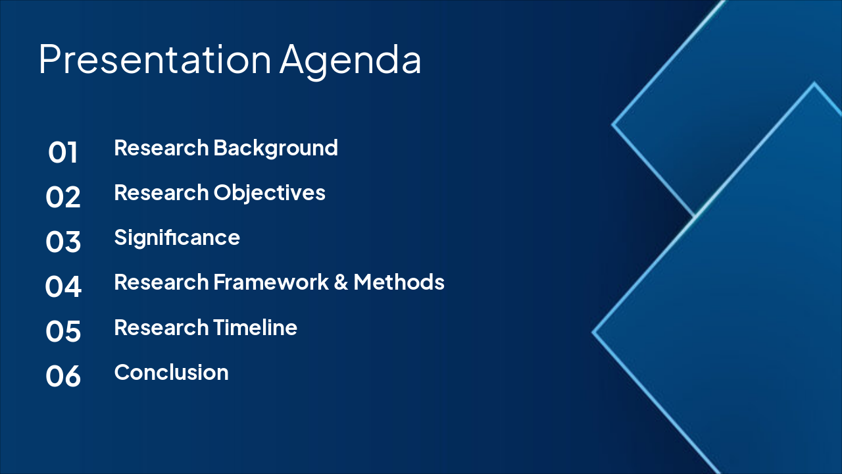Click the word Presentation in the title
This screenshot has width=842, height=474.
coord(155,59)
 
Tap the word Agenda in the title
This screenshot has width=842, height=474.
coord(351,62)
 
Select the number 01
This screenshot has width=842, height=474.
coord(62,152)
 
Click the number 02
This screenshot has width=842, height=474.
coord(62,197)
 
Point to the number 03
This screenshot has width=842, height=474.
coord(62,242)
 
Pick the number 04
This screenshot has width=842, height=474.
coord(63,286)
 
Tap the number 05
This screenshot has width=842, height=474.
coord(63,331)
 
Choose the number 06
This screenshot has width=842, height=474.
coord(63,376)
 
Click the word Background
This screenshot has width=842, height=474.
coord(276,149)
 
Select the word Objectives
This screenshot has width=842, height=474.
coord(270,194)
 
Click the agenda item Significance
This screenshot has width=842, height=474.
coord(177,238)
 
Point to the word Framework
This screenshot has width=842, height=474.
coord(271,282)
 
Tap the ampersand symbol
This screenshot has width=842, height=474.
coord(341,282)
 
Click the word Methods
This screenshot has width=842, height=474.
coord(399,282)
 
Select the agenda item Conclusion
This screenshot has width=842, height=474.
coord(172,373)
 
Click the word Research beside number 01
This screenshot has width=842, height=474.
coord(161,147)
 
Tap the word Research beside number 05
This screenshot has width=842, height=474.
coord(161,327)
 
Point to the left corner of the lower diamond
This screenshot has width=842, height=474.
coord(593,332)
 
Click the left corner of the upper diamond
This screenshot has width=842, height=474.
coord(612,124)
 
